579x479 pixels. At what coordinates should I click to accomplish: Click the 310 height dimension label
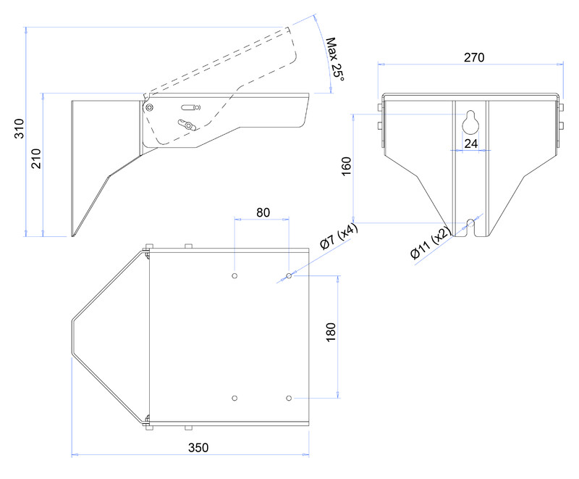[20, 128]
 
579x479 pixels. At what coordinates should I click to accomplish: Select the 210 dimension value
[35, 159]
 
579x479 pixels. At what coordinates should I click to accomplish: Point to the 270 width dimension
[474, 57]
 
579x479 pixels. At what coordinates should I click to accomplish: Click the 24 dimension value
[471, 143]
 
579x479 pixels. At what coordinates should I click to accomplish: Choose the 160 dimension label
[347, 167]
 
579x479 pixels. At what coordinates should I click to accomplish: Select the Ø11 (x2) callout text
[431, 243]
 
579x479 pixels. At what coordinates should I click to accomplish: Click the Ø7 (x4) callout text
[339, 236]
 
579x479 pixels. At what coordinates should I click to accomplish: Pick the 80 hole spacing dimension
[263, 212]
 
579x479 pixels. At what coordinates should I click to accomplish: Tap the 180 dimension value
[331, 333]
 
